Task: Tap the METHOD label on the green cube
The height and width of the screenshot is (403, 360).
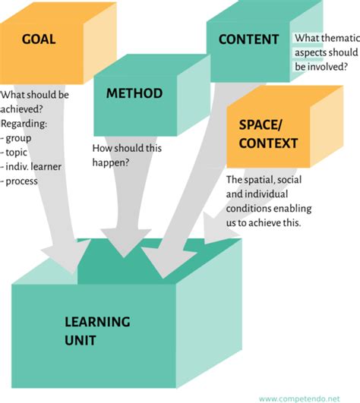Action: coord(134,93)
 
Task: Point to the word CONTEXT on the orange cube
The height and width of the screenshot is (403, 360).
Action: coord(268,143)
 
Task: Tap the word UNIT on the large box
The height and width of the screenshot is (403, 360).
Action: coord(80,341)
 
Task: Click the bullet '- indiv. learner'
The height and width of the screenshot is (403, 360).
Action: coord(35,167)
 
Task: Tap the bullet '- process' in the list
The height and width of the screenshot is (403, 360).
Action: coord(21,181)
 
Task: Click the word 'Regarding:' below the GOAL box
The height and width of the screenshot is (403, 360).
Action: coord(25,124)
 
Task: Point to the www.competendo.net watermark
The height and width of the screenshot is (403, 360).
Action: coord(307,398)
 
